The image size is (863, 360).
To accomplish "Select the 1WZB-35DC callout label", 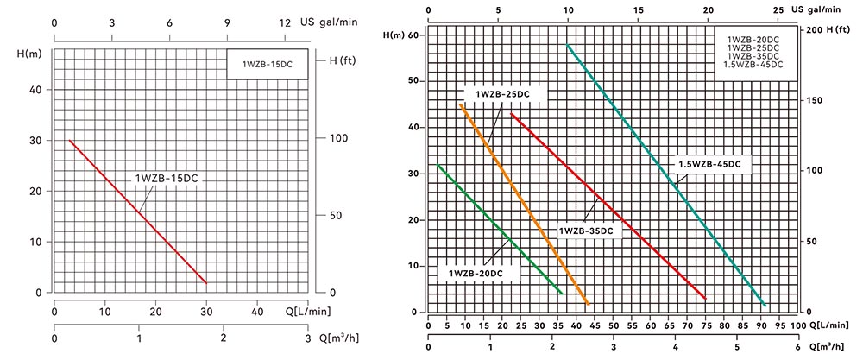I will (587, 231).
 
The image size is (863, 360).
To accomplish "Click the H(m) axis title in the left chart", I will (28, 54).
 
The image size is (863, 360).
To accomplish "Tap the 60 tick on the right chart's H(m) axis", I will (413, 35).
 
